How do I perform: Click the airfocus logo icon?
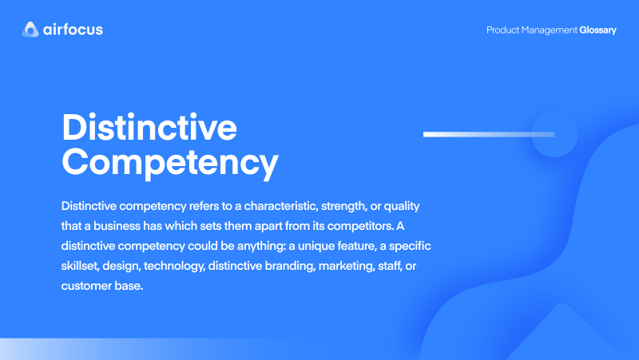(30, 30)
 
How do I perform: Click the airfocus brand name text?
(73, 30)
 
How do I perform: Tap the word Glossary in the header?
(597, 30)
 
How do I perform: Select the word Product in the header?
(505, 30)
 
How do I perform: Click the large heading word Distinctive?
(149, 128)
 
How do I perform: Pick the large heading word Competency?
(170, 161)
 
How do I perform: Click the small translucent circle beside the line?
(554, 134)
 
